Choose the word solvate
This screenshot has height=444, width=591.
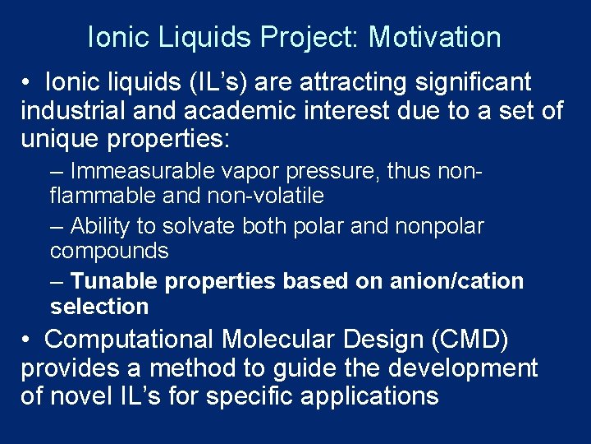(x=200, y=226)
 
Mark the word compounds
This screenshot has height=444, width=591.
(x=109, y=250)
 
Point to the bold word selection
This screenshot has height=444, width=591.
(x=99, y=307)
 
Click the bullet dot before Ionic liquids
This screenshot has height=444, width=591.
(x=27, y=82)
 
